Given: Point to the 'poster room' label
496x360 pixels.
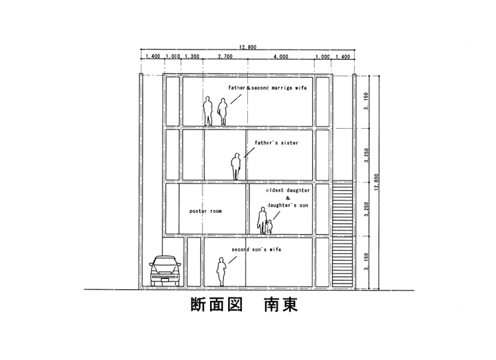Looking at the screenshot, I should (205, 211).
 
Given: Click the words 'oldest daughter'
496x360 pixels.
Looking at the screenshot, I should (289, 188).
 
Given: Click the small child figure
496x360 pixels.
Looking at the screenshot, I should (269, 226).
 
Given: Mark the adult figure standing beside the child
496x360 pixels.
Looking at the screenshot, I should (262, 220).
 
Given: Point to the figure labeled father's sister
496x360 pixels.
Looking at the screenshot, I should (236, 166).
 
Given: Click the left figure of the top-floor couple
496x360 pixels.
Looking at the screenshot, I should (208, 111).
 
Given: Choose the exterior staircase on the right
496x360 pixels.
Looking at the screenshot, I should (342, 234).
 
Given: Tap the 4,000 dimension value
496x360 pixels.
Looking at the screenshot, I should (280, 56).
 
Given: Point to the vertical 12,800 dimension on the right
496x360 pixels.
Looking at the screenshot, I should (378, 182).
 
